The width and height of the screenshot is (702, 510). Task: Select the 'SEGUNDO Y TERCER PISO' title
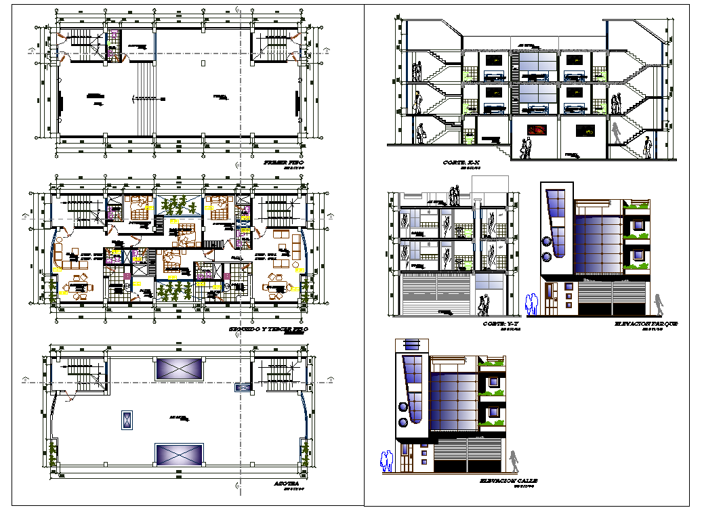pos(268,328)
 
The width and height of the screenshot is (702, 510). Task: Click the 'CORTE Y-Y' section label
pos(500,324)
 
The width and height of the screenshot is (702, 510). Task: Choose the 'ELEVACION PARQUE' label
pos(645,324)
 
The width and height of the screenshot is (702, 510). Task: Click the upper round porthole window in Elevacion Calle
pos(402,407)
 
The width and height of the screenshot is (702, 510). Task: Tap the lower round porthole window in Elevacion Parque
pos(546,257)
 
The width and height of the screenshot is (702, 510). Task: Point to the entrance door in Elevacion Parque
pos(552,303)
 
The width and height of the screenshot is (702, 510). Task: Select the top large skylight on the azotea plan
pos(180,368)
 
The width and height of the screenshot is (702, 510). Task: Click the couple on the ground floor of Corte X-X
pos(524,148)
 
